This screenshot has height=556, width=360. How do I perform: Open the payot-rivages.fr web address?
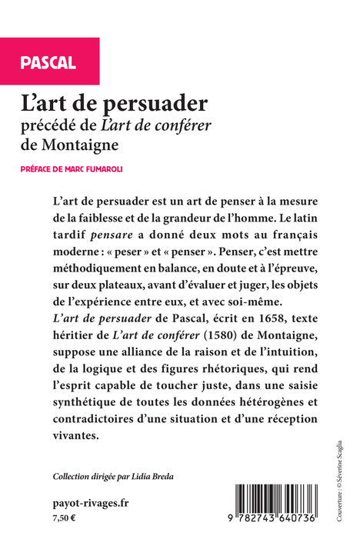(91, 502)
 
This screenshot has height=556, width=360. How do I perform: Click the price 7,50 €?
(65, 518)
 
